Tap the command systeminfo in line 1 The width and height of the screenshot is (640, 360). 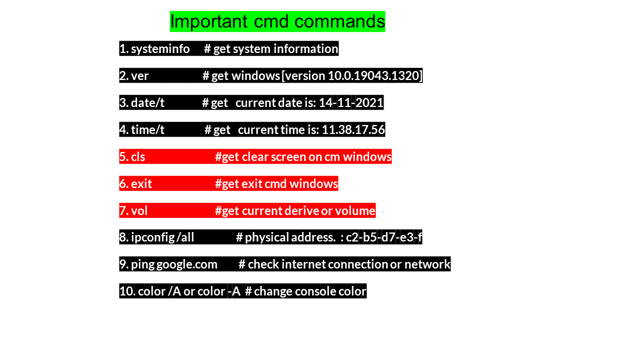click(x=160, y=48)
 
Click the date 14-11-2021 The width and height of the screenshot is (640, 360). click(x=351, y=102)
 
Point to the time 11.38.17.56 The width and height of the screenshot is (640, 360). click(x=353, y=129)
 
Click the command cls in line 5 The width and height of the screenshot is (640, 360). click(x=138, y=156)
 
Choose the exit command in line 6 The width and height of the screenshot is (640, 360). click(x=141, y=183)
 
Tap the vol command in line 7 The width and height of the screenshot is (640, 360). click(x=139, y=210)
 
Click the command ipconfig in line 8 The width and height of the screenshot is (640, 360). click(x=152, y=237)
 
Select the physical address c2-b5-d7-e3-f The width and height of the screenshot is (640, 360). click(x=384, y=237)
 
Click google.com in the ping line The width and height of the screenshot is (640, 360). click(x=187, y=264)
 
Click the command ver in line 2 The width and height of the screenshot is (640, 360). click(x=140, y=75)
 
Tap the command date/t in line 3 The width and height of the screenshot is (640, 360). click(x=147, y=102)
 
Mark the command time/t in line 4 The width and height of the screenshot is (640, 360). click(x=147, y=129)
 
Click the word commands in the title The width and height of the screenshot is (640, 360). click(x=339, y=21)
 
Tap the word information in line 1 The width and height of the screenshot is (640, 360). click(x=305, y=48)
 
